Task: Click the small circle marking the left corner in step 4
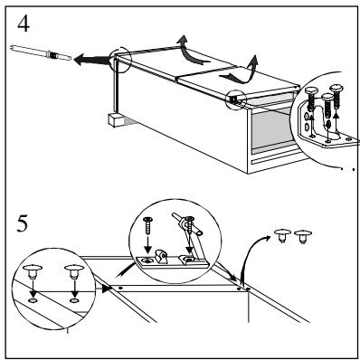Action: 121,62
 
